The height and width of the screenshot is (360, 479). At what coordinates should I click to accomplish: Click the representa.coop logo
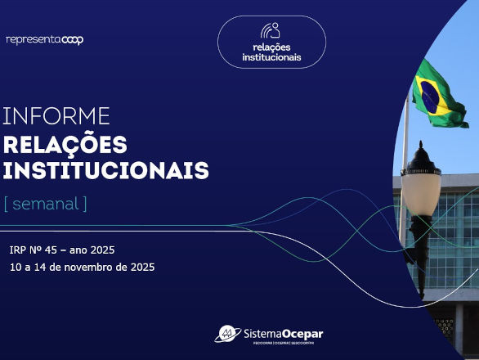tap(44, 39)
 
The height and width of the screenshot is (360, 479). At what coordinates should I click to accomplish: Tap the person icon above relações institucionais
tap(271, 31)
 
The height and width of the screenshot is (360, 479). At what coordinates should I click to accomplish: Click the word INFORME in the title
tap(56, 115)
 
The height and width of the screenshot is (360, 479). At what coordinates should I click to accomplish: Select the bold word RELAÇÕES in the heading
tap(65, 145)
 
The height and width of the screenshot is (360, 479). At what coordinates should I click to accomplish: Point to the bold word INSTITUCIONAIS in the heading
tap(105, 171)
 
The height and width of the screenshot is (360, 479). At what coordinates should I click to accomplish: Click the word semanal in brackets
tap(45, 204)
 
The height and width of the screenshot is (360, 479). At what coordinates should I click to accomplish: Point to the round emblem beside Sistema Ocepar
tap(227, 333)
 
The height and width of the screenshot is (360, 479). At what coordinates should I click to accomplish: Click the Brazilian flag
tap(437, 94)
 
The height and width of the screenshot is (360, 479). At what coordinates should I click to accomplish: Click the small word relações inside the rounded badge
tap(271, 47)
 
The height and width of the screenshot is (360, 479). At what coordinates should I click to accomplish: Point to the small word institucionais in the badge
tap(271, 57)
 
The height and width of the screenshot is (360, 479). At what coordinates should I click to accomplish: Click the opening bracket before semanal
tap(7, 204)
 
